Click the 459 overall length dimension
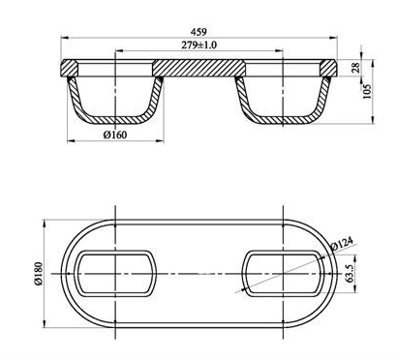[x=198, y=32]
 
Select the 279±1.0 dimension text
[x=198, y=45]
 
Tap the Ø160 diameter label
[x=115, y=135]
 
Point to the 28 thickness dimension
[x=355, y=68]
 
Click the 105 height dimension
[x=368, y=92]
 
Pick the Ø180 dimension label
[x=38, y=274]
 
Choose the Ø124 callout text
[x=343, y=244]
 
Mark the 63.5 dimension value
[x=351, y=273]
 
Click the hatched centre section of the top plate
[x=198, y=68]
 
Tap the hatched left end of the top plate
[x=69, y=68]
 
